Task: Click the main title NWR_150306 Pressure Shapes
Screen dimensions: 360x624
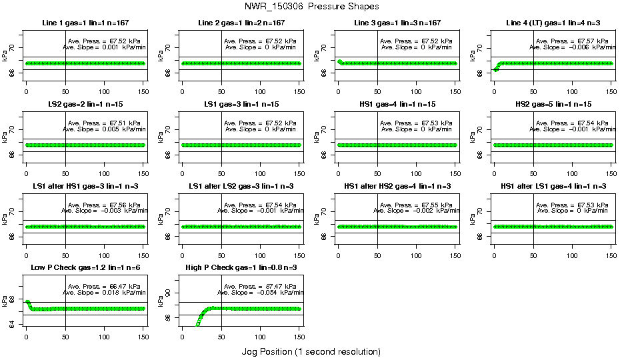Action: pos(311,6)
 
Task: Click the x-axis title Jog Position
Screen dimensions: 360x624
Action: pos(311,351)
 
